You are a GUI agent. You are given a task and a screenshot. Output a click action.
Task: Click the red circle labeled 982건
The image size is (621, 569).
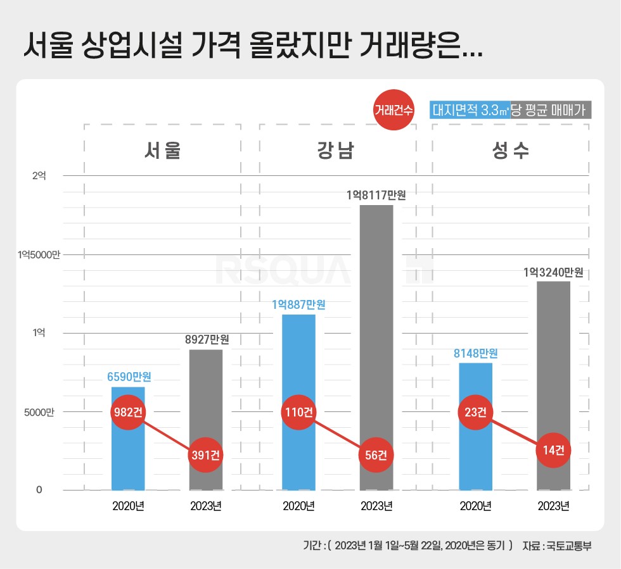(x=128, y=412)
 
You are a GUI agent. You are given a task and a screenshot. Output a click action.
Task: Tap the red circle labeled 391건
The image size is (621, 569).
(x=206, y=455)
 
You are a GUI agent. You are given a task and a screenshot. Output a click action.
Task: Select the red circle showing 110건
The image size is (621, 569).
(x=298, y=412)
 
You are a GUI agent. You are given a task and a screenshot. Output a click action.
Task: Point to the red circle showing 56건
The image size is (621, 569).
(x=376, y=455)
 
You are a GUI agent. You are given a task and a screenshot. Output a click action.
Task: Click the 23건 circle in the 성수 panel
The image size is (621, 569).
(x=476, y=412)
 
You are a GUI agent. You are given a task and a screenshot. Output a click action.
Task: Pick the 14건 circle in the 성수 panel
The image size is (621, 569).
(x=553, y=451)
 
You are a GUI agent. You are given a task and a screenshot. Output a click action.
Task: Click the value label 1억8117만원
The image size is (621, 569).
(x=376, y=196)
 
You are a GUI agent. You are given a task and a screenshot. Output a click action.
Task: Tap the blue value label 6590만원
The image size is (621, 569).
(x=129, y=377)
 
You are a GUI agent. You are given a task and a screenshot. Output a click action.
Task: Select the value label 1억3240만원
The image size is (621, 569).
(x=553, y=273)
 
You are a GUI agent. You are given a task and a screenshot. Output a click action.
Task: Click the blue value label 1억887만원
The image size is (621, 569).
(x=298, y=304)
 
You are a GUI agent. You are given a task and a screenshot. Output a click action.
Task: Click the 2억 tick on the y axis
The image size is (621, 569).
(x=39, y=175)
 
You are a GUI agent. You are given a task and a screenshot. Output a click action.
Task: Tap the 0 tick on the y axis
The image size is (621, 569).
(x=39, y=490)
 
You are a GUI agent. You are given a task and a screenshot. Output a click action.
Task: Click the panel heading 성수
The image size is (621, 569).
(x=510, y=151)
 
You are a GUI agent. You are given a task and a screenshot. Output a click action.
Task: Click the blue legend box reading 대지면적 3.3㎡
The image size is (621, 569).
(x=470, y=110)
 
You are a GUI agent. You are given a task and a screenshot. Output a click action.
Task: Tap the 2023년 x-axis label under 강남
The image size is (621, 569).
(x=376, y=506)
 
